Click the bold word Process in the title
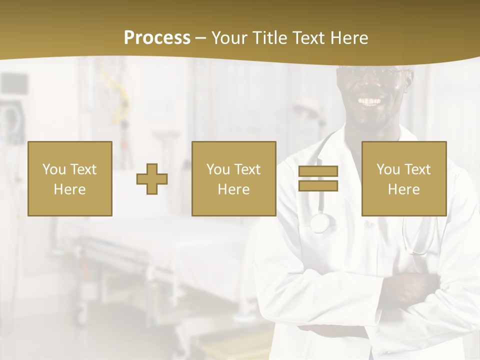[x=157, y=38]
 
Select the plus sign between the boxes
[x=152, y=179]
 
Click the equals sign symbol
[x=318, y=178]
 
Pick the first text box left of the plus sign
[x=69, y=178]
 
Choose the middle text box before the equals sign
[x=233, y=178]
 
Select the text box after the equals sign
[x=403, y=178]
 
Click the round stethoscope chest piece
[x=320, y=222]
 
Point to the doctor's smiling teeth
[x=370, y=101]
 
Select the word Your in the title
[x=229, y=38]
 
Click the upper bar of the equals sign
[x=318, y=171]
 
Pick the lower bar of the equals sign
[x=318, y=185]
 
